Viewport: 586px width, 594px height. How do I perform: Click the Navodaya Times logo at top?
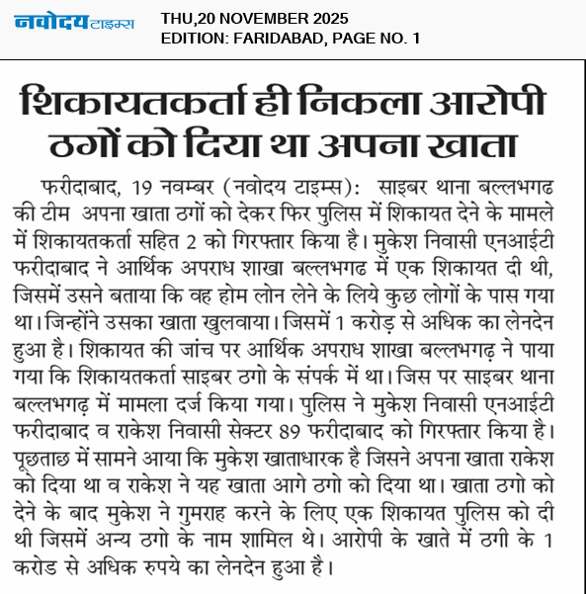[x=75, y=23]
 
